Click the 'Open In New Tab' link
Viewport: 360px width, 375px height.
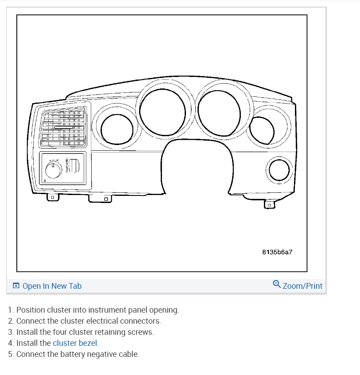click(x=52, y=286)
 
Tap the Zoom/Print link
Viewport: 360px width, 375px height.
click(x=302, y=286)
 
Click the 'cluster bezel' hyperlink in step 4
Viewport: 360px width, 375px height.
click(x=75, y=343)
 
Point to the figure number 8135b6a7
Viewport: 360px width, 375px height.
click(x=277, y=252)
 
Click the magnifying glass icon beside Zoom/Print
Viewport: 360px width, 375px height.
click(x=277, y=284)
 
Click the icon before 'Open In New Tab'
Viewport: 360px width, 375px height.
click(x=16, y=286)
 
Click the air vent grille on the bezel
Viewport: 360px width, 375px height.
click(x=62, y=127)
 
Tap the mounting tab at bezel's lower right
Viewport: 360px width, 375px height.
click(x=268, y=204)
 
